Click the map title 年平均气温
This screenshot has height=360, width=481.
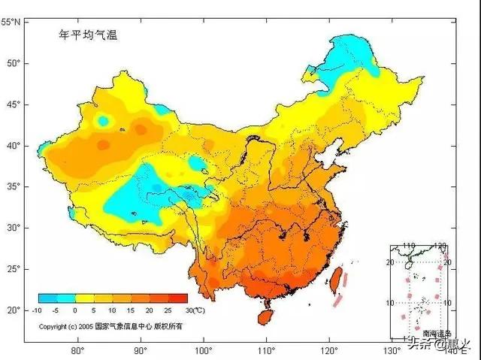point(89,35)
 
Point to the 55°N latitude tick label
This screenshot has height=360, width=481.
point(11,23)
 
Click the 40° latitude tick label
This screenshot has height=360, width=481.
point(14,145)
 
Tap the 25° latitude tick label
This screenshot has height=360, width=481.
point(14,268)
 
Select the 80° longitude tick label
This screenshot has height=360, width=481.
point(77,350)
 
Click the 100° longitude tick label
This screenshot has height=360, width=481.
point(203,350)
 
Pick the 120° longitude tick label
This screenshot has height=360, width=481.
point(329,350)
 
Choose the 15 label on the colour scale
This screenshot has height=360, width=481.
point(131,310)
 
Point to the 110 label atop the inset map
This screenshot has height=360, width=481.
point(410,247)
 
